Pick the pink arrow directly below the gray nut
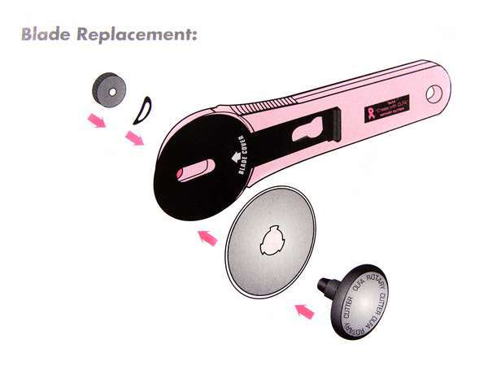click(x=97, y=121)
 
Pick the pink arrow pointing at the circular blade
click(x=209, y=237)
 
